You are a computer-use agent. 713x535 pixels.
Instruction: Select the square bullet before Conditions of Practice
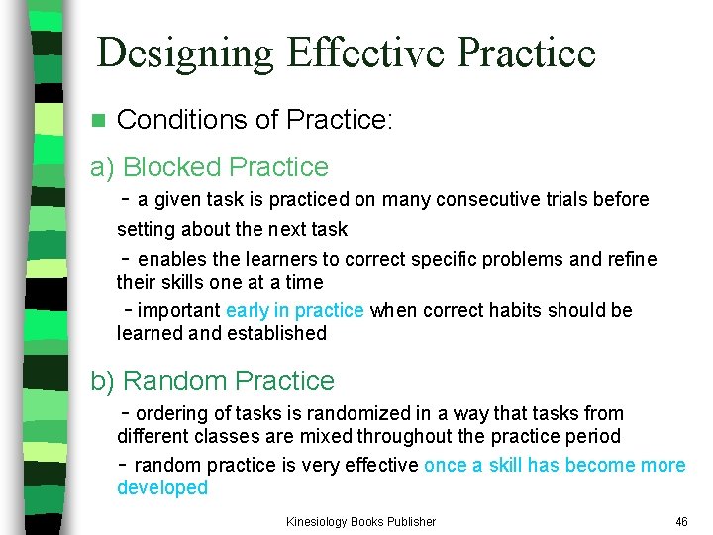97,121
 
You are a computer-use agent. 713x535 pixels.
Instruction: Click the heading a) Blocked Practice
209,167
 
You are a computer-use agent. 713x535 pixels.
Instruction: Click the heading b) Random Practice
212,381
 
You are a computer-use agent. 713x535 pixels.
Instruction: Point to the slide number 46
681,521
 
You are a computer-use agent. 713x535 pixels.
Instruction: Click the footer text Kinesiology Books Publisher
360,521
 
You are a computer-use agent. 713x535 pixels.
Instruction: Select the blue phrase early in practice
295,310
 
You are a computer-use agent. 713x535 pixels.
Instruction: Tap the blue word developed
162,487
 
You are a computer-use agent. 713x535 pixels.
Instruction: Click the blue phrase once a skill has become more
555,465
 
